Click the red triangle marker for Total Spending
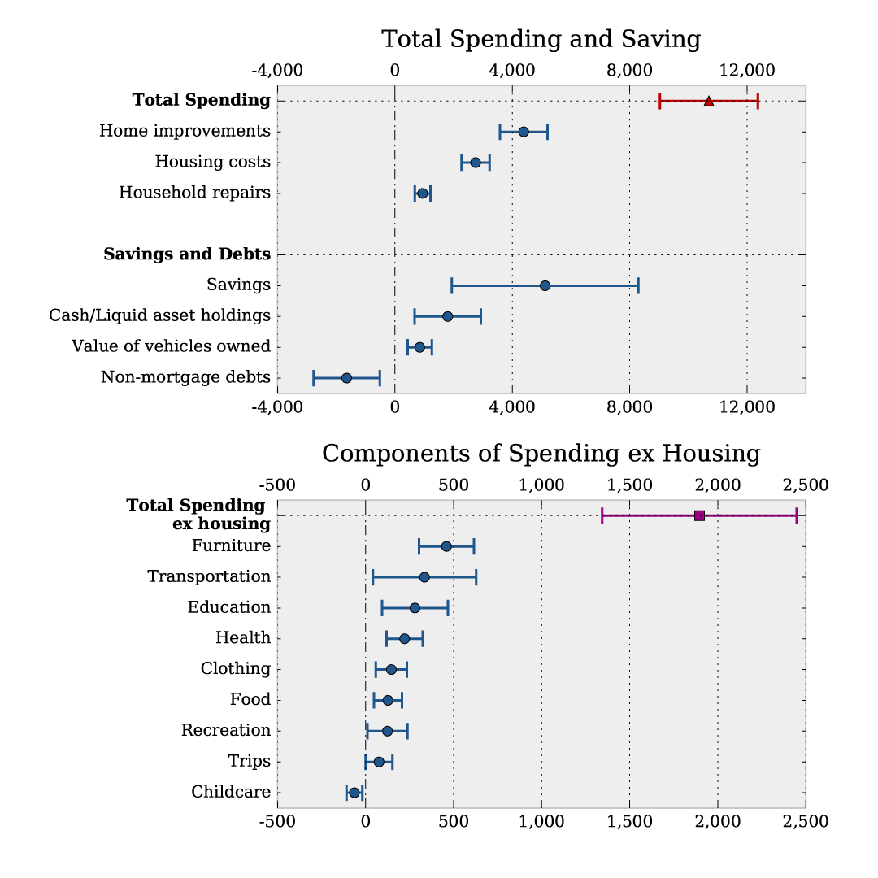coord(708,101)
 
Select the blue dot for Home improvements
coord(524,132)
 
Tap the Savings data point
coord(545,285)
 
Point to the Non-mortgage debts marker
coord(346,378)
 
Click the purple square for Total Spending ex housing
coord(699,515)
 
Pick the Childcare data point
coord(354,793)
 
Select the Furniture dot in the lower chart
coord(446,546)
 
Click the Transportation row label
coord(209,576)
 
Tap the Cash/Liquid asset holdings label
coord(159,315)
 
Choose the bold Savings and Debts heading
coord(187,254)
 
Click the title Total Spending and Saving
coord(541,39)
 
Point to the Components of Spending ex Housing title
coord(541,454)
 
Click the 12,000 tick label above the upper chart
coord(747,70)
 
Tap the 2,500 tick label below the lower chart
coord(805,821)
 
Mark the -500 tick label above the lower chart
coord(277,485)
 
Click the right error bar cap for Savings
coord(638,285)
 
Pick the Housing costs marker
coord(476,163)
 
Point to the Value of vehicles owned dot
coord(419,347)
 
